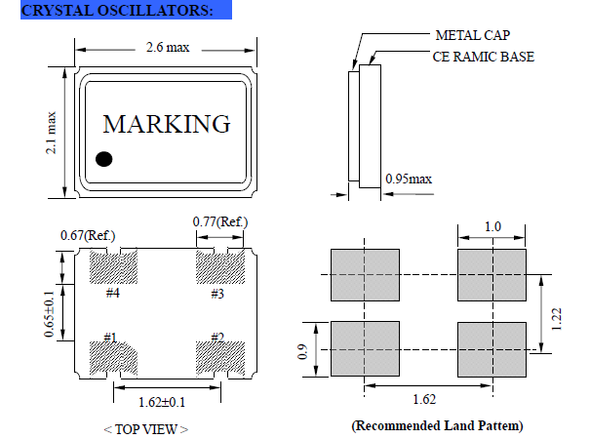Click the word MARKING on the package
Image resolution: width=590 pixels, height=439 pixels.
click(x=167, y=125)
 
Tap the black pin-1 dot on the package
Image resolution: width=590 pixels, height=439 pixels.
click(x=104, y=158)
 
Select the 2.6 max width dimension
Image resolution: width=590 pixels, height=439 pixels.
click(x=168, y=48)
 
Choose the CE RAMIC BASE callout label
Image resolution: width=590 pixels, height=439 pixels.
click(x=484, y=57)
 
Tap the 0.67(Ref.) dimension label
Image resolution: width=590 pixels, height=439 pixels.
click(x=88, y=235)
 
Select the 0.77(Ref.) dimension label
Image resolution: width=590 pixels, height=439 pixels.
click(x=217, y=222)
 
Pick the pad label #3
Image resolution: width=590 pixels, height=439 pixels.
click(x=216, y=292)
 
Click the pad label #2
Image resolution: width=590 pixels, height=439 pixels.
click(x=216, y=338)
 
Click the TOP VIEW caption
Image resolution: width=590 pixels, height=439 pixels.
click(x=145, y=428)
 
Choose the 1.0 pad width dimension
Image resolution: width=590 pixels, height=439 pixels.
click(x=492, y=227)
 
